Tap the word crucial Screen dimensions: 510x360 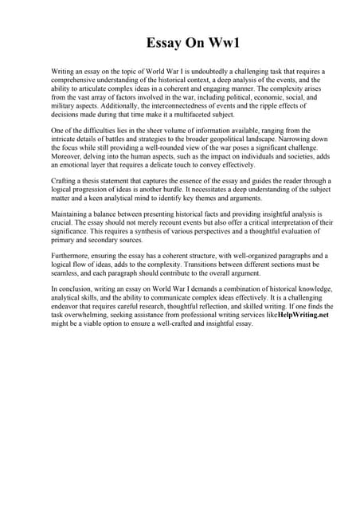(x=62, y=224)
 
